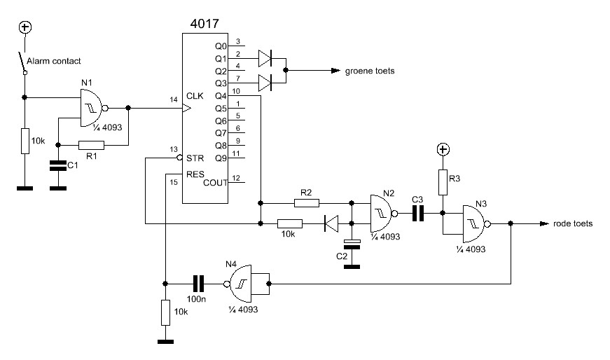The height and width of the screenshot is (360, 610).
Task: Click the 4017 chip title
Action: point(205,24)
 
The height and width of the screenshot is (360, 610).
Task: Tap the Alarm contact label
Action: point(54,61)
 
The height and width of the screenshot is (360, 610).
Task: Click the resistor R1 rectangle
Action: point(92,146)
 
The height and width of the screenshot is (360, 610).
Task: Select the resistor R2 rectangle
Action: point(307,203)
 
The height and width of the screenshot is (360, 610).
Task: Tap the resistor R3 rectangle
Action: point(443,182)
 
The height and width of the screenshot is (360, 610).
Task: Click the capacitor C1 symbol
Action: point(58,165)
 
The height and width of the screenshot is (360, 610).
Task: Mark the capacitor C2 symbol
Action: point(352,244)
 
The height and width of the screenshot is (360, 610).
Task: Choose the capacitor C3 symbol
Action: point(417,214)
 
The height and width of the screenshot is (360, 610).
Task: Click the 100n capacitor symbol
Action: point(198,284)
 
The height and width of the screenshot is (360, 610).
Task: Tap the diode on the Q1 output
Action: point(265,58)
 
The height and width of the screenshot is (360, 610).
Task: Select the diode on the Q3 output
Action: point(265,83)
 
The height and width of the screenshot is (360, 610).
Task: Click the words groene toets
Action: point(370,71)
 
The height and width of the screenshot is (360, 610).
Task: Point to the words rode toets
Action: point(573,224)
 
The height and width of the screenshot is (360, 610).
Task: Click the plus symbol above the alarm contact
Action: point(25,27)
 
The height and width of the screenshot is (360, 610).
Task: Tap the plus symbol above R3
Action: point(443,149)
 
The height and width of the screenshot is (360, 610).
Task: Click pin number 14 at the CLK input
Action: point(174,99)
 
